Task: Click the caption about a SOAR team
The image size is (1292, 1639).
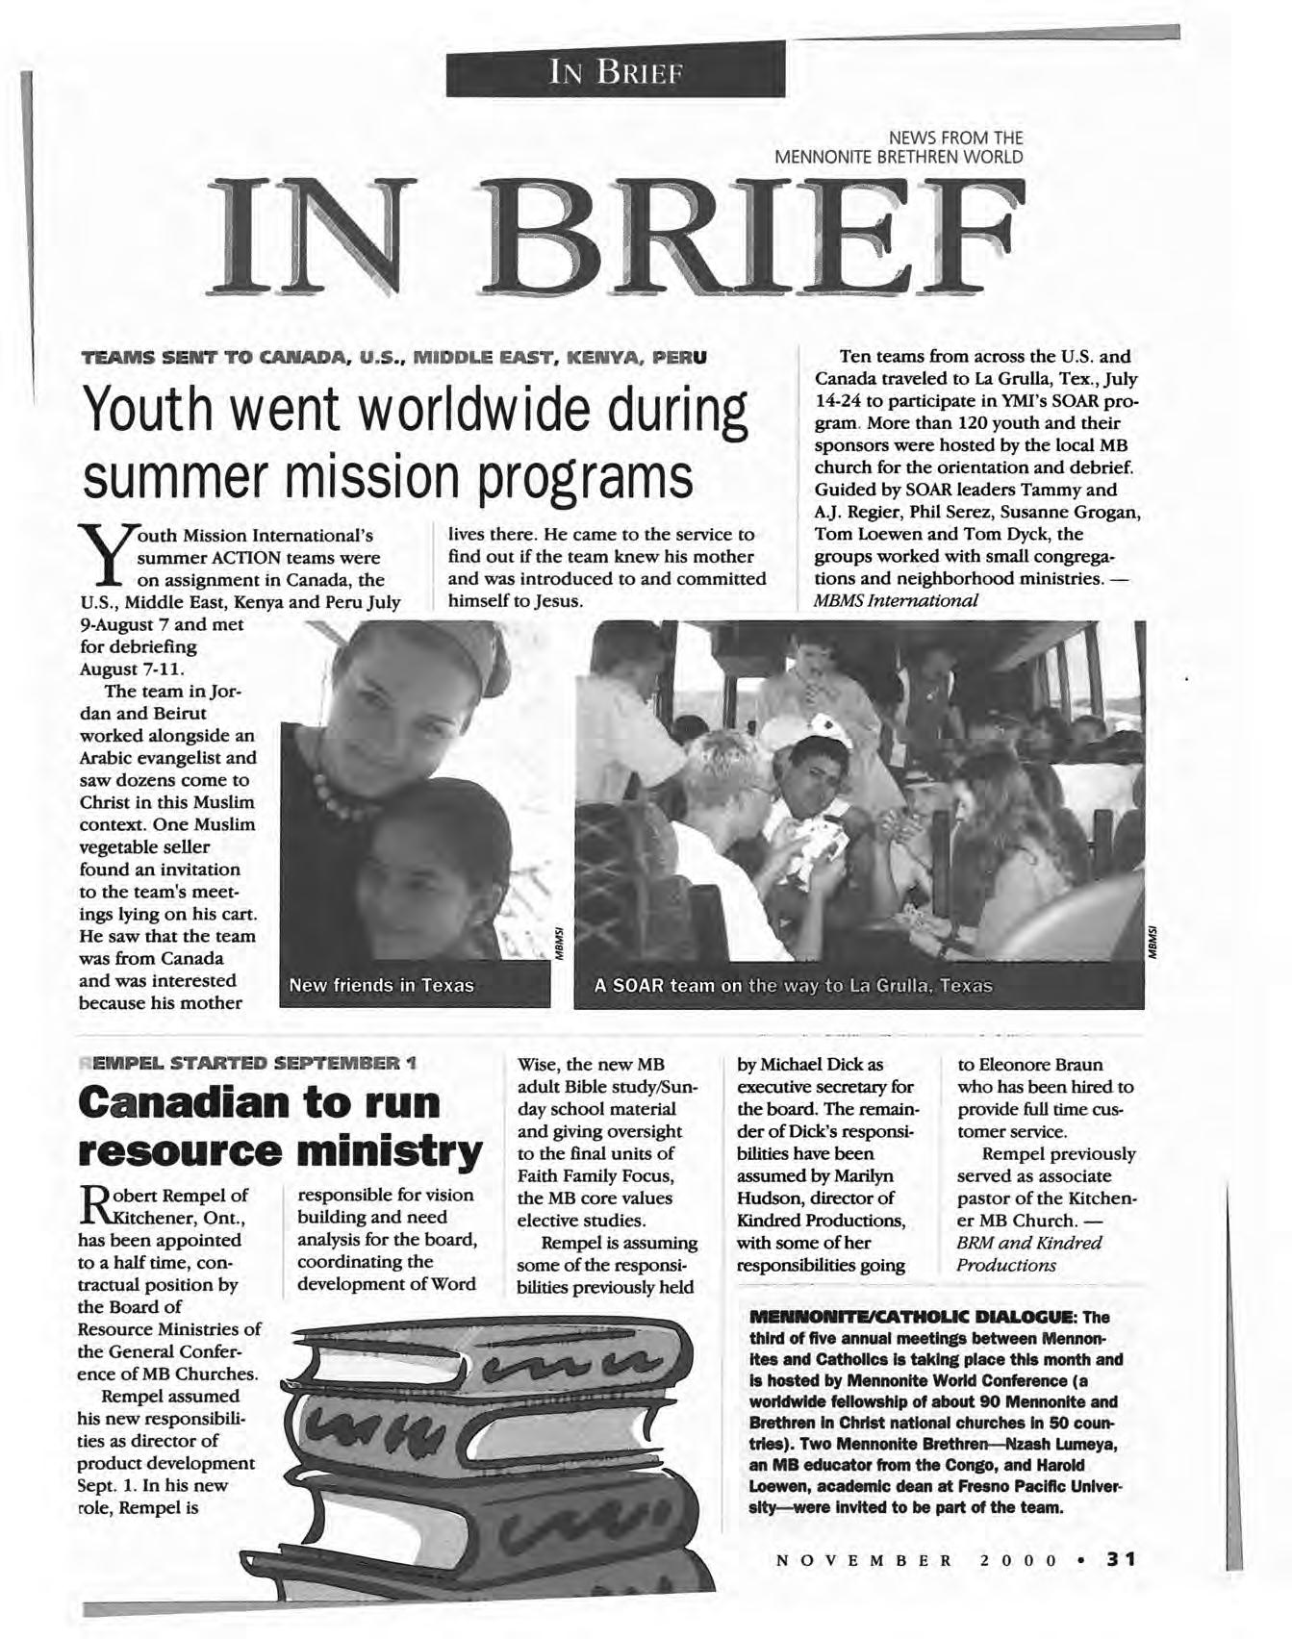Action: [793, 986]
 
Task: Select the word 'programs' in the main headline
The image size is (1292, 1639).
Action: [582, 480]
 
